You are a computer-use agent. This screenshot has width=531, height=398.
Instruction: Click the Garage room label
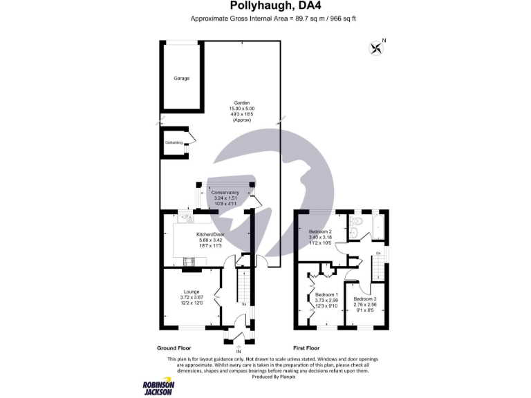coord(182,78)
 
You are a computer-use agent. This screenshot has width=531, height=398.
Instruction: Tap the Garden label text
coord(242,103)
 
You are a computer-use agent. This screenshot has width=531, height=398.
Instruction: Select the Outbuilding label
coord(174,142)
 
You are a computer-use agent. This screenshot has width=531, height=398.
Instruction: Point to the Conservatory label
coord(225,192)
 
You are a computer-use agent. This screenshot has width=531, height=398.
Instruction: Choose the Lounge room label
coord(192,292)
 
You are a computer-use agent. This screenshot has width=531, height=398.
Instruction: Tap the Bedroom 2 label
coord(320,231)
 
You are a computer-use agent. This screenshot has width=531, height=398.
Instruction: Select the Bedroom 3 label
coord(364,298)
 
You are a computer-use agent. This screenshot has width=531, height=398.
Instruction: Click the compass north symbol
coord(377,47)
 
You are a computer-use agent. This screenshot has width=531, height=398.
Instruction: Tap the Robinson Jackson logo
coord(158,388)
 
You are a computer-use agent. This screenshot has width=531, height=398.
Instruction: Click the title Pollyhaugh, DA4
coord(265,8)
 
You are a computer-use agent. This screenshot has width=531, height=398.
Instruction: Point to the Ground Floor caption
coord(174,348)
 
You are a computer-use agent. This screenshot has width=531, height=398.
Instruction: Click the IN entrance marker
coord(239,349)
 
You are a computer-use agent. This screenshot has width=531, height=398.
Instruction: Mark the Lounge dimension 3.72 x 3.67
coord(192,297)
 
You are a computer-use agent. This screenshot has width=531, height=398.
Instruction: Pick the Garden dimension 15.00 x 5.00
coord(242,108)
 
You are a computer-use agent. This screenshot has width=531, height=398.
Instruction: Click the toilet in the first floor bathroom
coord(355,222)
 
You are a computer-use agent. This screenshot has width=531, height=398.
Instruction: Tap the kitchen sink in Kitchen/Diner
coord(185,219)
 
